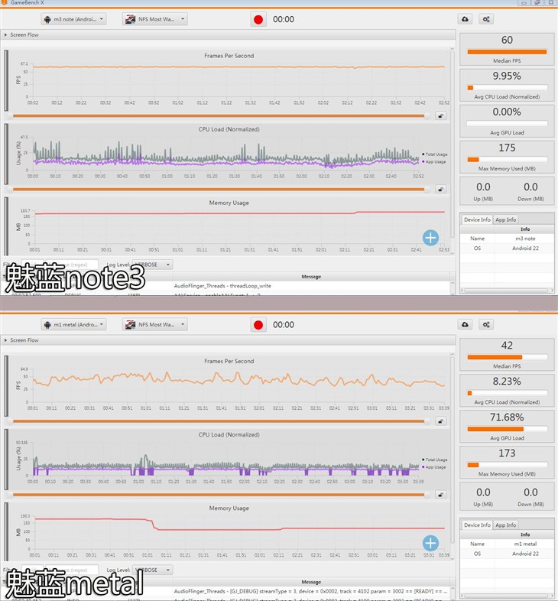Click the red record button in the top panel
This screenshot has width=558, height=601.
click(x=259, y=19)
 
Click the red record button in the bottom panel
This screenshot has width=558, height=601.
click(x=259, y=324)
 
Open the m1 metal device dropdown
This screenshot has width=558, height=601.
click(x=73, y=324)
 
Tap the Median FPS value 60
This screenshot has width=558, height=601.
click(x=507, y=41)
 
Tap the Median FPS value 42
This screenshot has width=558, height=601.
click(x=507, y=346)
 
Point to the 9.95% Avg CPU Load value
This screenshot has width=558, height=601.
click(x=507, y=76)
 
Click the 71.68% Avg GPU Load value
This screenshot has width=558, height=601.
click(x=507, y=417)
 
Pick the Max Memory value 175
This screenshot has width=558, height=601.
click(x=507, y=148)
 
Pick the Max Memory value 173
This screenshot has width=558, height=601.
click(x=507, y=453)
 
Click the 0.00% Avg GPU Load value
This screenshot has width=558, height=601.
click(x=507, y=112)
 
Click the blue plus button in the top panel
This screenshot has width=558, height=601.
click(x=430, y=238)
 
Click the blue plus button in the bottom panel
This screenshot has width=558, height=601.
click(x=430, y=543)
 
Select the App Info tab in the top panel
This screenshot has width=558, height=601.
click(x=506, y=219)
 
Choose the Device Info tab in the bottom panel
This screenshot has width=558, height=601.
click(x=477, y=525)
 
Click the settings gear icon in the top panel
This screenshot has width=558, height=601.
click(x=486, y=19)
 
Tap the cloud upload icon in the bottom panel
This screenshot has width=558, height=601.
click(x=465, y=324)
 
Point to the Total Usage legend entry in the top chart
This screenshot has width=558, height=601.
click(x=435, y=155)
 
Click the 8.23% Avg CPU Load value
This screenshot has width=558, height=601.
click(x=507, y=381)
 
